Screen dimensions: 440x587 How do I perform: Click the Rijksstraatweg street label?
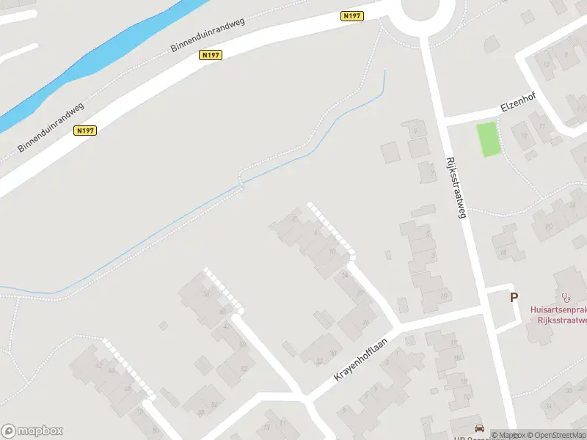pyautogui.click(x=456, y=187)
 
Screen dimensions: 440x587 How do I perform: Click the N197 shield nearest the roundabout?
pyautogui.click(x=352, y=16)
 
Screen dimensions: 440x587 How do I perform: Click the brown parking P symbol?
pyautogui.click(x=514, y=298)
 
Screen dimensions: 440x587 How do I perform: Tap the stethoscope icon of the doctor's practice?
pyautogui.click(x=565, y=297)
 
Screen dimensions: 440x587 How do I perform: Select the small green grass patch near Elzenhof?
pyautogui.click(x=488, y=139)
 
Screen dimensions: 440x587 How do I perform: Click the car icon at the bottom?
pyautogui.click(x=478, y=428)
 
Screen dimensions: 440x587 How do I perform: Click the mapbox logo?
pyautogui.click(x=32, y=431)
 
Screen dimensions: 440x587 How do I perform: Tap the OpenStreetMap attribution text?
pyautogui.click(x=557, y=435)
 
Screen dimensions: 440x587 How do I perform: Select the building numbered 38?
pyautogui.click(x=206, y=294)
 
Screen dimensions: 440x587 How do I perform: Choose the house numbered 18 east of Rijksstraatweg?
pyautogui.click(x=503, y=253)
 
